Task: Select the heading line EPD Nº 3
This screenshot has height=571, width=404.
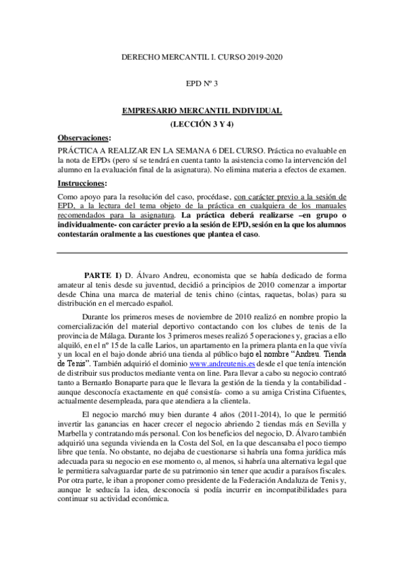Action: tap(202, 84)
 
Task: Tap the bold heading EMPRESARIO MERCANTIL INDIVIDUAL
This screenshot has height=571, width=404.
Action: tap(202, 110)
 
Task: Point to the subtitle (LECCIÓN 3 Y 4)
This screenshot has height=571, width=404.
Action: tap(202, 124)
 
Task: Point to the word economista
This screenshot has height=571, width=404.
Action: tap(215, 275)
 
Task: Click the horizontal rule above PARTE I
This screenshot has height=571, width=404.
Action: tap(202, 253)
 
